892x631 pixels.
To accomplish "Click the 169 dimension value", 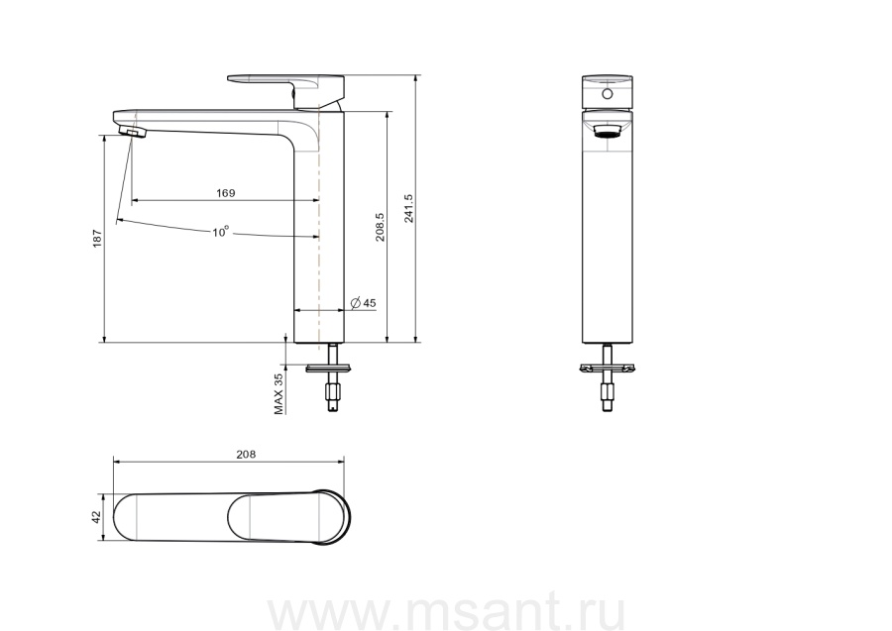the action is (x=225, y=193).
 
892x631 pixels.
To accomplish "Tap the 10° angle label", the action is (x=221, y=232).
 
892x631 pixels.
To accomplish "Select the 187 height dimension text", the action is (x=97, y=238).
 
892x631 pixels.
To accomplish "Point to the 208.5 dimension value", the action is (x=380, y=228).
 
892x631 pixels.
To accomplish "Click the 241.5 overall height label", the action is (x=408, y=208).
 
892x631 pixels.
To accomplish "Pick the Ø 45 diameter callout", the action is (x=363, y=303).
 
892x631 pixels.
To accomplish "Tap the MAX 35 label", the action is (x=279, y=393).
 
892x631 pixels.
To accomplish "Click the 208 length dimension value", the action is (x=246, y=455).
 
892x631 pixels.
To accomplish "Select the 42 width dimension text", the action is (x=96, y=517).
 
